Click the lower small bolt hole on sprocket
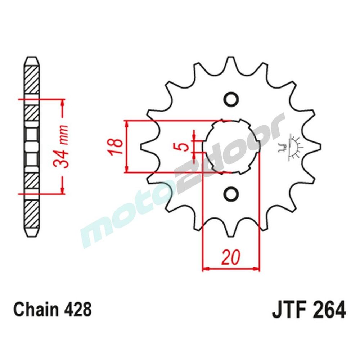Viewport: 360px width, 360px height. coord(231,194)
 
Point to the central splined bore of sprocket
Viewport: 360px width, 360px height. coord(231,147)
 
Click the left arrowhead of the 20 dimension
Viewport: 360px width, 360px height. coord(205,269)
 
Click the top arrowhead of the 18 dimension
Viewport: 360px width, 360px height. coord(126,123)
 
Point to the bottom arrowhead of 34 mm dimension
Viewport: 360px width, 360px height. coord(63,190)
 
